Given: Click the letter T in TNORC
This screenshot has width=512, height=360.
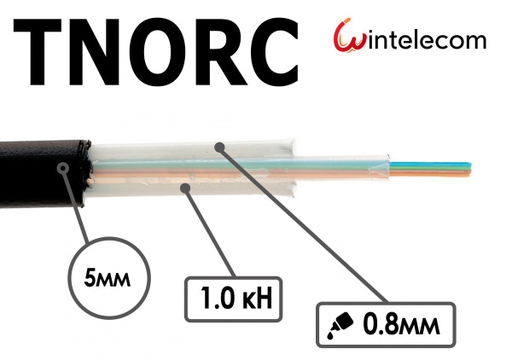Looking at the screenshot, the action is [x=38, y=52].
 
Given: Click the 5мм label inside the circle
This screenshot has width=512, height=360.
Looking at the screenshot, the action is [x=108, y=278].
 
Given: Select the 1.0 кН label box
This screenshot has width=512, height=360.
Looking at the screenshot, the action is [x=234, y=299].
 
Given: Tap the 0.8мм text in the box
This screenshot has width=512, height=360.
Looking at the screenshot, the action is [x=401, y=324].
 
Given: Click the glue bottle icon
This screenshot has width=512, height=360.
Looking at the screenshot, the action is [x=340, y=325].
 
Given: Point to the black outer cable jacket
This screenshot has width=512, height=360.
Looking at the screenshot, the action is [x=44, y=174].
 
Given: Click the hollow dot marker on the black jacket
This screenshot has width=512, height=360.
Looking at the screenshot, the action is [x=62, y=168].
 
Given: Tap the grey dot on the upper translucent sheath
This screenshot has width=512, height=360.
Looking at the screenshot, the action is [x=220, y=148].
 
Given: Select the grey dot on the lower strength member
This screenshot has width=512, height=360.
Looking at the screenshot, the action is [x=185, y=188].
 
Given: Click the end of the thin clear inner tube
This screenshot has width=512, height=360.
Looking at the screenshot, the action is [x=388, y=167].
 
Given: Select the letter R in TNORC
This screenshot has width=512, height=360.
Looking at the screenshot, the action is [x=220, y=52].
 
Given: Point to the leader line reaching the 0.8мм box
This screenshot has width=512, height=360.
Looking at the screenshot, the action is [x=305, y=225].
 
